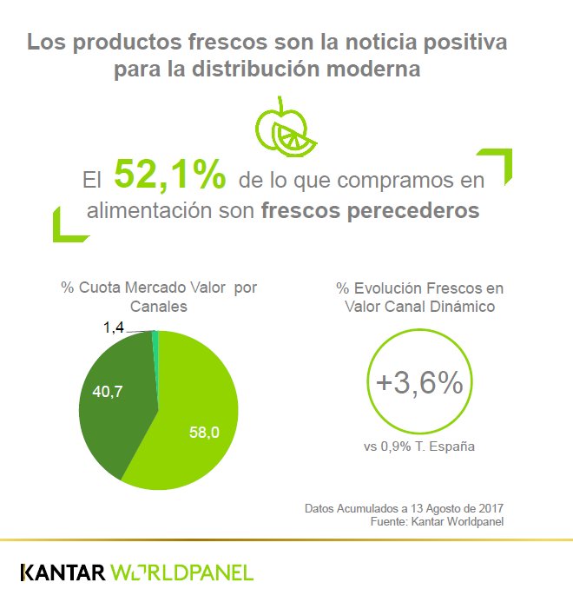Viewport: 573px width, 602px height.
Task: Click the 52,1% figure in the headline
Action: [170, 176]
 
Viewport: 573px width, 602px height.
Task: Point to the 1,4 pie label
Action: [114, 327]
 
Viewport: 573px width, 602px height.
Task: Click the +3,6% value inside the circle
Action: [419, 383]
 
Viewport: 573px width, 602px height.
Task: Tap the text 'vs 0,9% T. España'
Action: [419, 447]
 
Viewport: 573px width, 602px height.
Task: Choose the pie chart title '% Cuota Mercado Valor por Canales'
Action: [159, 296]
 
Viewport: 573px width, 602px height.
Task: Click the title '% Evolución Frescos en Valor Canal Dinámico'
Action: [419, 296]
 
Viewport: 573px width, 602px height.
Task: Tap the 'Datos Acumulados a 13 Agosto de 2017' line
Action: [405, 507]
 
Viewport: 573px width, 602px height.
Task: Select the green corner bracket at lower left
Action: [66, 228]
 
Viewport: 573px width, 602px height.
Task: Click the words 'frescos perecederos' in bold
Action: [370, 211]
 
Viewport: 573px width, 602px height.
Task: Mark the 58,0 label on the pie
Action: [204, 432]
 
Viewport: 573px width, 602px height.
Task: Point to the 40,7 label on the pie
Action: [108, 392]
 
